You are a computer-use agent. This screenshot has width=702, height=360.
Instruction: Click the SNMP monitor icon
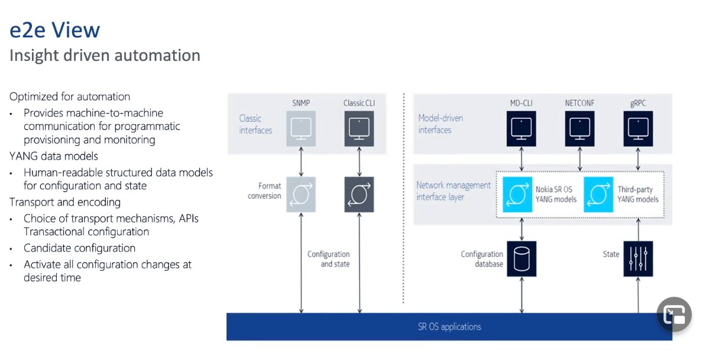(x=301, y=129)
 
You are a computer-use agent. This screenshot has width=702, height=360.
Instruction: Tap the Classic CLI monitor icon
(x=359, y=129)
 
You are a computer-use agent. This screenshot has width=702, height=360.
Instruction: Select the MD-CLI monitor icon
(x=522, y=129)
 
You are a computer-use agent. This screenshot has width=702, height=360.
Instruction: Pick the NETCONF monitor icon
(x=580, y=129)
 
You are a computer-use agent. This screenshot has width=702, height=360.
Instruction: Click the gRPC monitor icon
(x=638, y=129)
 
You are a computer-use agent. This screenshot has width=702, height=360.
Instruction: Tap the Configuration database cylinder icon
(x=522, y=259)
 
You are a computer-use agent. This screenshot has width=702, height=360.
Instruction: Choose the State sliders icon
(x=638, y=259)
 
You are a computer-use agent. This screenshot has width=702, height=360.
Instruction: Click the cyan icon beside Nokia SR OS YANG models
(x=517, y=194)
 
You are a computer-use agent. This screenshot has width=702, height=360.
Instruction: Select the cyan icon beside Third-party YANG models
(x=599, y=194)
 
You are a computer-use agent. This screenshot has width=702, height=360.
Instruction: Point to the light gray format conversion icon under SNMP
(x=301, y=194)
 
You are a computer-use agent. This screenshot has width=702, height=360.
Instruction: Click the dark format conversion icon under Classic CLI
(x=359, y=194)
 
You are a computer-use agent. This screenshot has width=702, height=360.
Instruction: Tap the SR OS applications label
(x=449, y=327)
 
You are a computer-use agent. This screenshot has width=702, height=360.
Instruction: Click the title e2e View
(x=54, y=30)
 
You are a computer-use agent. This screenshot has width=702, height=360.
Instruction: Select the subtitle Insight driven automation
(x=105, y=56)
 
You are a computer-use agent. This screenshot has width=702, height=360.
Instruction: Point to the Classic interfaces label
(x=255, y=124)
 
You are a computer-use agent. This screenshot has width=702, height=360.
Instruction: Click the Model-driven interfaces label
(x=441, y=124)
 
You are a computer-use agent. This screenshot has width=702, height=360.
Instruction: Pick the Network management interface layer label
(x=454, y=191)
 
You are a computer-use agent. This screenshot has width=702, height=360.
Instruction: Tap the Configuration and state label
(x=329, y=259)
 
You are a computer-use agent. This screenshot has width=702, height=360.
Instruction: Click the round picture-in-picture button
(x=675, y=314)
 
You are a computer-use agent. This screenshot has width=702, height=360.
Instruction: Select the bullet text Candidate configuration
(x=80, y=248)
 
